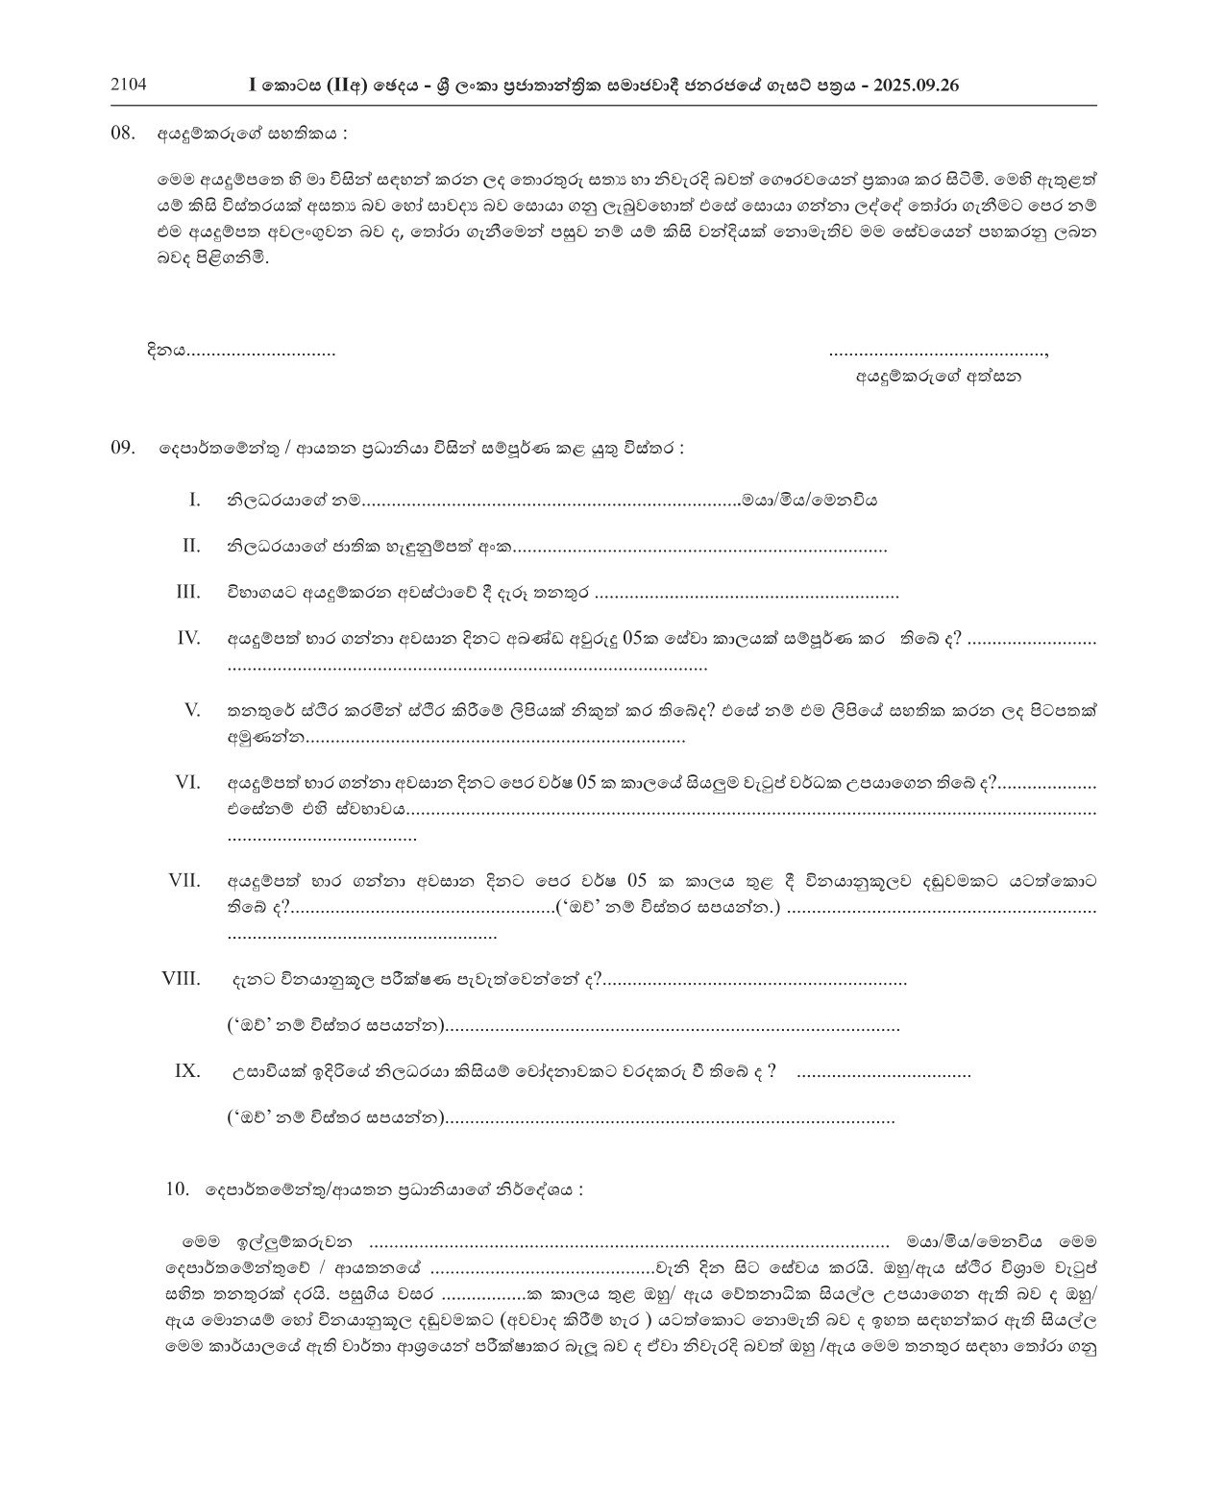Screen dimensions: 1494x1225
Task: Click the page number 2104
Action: coord(129,85)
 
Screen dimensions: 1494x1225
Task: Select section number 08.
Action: coord(124,134)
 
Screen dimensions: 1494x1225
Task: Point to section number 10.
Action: coord(178,1189)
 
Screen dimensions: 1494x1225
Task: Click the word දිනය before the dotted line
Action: coord(165,351)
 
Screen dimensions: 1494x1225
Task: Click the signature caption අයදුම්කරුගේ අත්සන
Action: coord(939,377)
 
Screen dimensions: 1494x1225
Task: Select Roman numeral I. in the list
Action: coord(194,500)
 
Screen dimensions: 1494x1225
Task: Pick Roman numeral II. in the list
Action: coord(191,546)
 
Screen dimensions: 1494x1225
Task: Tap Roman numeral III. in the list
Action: coord(188,592)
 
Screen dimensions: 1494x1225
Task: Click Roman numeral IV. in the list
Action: coord(188,638)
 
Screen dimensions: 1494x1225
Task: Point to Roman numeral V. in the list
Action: coord(192,710)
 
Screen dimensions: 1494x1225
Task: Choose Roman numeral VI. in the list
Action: coord(187,782)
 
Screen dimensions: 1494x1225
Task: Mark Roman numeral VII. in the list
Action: coord(184,880)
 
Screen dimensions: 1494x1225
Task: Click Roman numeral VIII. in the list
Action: coord(182,979)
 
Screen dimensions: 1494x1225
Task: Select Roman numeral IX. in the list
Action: coord(187,1071)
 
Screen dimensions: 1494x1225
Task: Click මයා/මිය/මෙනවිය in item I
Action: coord(808,500)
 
